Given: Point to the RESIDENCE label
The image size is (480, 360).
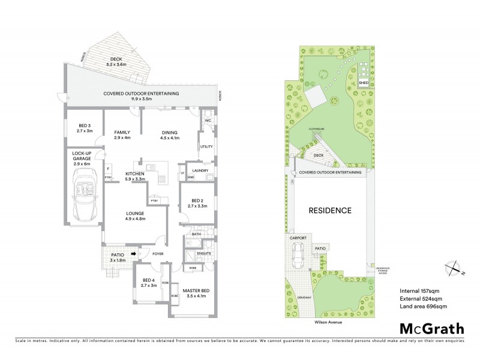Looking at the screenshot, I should point(329,211).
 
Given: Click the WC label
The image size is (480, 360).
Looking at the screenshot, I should point(208,120).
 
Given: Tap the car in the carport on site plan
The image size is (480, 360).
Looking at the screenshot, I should point(296,257).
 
